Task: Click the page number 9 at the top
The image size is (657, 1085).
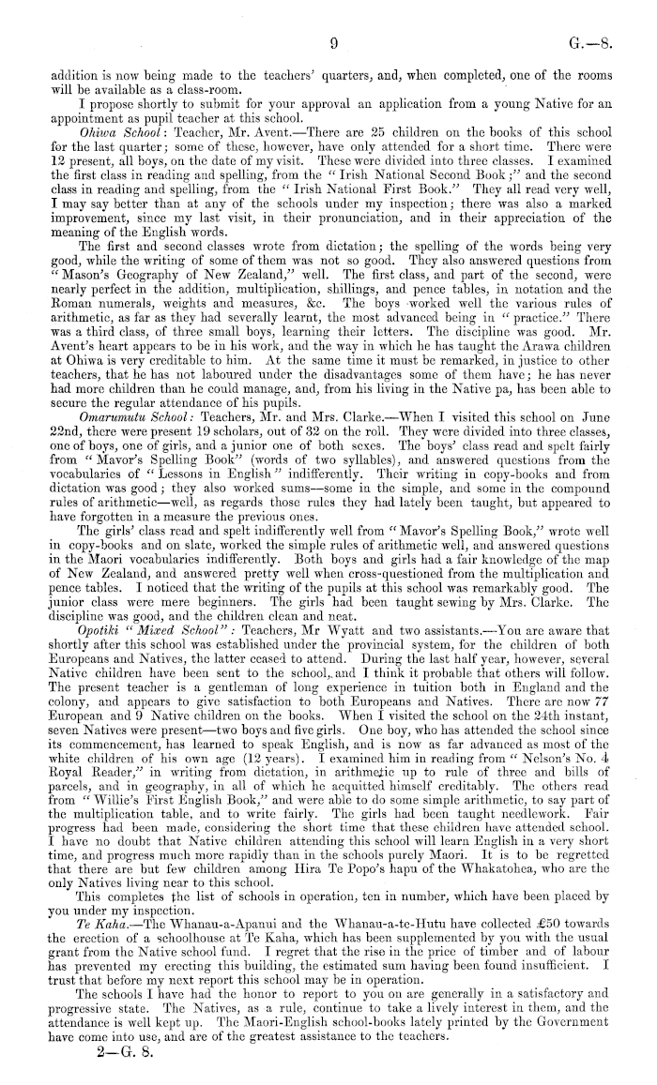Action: pyautogui.click(x=333, y=42)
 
